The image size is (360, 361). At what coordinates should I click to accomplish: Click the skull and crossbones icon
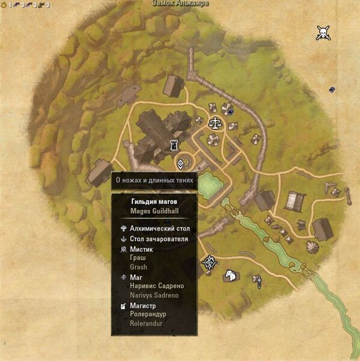coord(323,34)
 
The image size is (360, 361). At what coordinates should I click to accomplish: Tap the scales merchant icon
coord(214,123)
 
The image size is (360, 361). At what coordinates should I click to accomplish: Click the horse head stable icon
coord(229,276)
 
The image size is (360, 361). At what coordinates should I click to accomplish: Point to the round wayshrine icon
coord(209,262)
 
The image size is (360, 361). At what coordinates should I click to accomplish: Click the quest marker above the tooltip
coord(180,163)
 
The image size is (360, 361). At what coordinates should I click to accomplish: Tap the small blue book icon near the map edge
coord(332,90)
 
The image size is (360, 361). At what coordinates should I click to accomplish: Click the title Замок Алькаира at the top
coord(180,4)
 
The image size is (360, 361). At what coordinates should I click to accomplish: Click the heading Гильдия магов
coord(154,201)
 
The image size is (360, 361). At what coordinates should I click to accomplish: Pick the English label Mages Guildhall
coord(154,211)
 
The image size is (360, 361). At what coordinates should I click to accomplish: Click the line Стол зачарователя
coord(159,239)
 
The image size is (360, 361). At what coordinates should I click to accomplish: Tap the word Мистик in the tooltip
coord(142,248)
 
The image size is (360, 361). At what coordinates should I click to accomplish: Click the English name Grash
coord(139,267)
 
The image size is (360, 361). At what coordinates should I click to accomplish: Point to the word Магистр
coord(145,305)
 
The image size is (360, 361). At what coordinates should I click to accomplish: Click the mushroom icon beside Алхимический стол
coord(123,229)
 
